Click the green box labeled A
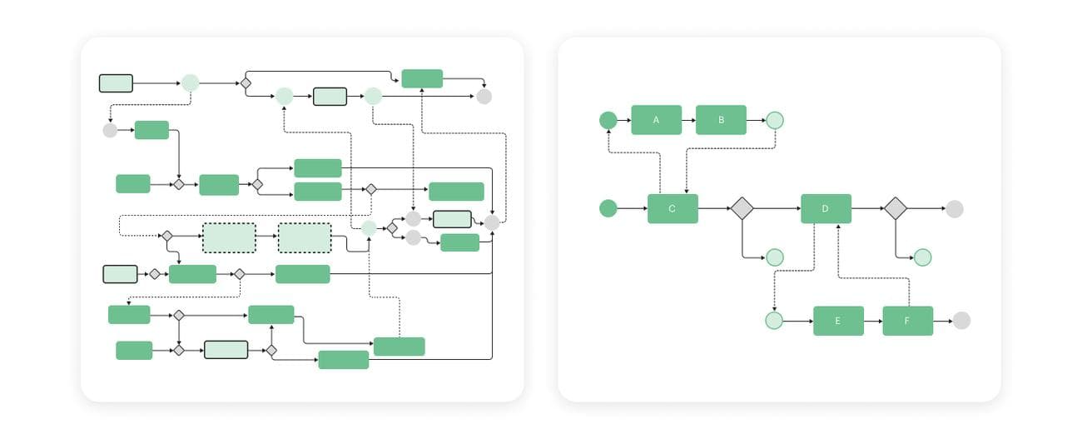coord(656,120)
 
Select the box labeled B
coord(721,120)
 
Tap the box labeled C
coord(673,208)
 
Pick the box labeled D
coord(826,208)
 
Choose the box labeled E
coord(838,321)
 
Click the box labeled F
coord(907,321)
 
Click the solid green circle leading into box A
coord(608,120)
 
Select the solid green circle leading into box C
coord(608,208)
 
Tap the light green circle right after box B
coord(775,120)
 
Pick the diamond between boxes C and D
coord(742,208)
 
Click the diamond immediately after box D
coord(895,208)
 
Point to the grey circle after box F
coord(961,321)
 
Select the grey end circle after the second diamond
coord(955,208)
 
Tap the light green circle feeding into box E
coord(774,321)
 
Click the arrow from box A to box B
coord(688,120)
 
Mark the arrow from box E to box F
coord(872,321)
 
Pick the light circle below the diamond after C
coord(775,257)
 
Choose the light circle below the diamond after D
coord(922,257)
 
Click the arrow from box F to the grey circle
coord(943,321)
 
